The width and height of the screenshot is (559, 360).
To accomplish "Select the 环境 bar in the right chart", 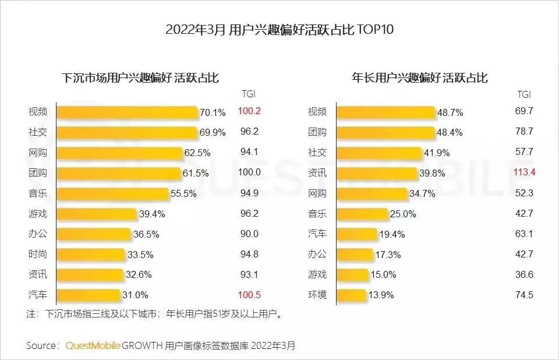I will [352, 295].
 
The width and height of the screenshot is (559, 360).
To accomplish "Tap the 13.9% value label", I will [381, 295].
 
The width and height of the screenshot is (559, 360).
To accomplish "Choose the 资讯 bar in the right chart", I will [377, 173].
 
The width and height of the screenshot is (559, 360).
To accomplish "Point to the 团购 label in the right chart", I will [317, 132].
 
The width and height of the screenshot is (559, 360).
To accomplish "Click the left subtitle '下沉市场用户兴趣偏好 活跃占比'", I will [140, 77].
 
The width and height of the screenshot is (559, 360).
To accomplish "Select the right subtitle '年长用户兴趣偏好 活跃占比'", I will [420, 77].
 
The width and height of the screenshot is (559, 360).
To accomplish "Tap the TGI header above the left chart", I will [249, 94].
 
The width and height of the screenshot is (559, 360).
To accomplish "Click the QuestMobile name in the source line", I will [93, 345].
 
